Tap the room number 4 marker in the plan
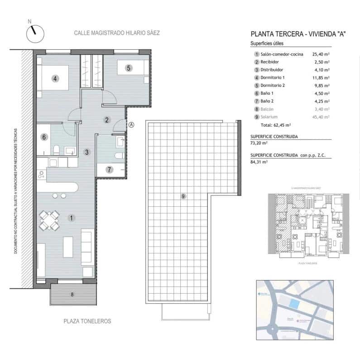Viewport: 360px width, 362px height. coord(55,78)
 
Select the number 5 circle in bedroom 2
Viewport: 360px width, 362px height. coord(129,68)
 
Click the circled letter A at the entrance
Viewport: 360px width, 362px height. coord(131,125)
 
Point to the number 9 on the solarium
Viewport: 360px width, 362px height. coord(183,196)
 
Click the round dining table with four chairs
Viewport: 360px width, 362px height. coord(49,220)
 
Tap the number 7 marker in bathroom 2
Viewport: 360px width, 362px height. coord(109,170)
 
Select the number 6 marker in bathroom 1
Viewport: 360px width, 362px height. coord(44,137)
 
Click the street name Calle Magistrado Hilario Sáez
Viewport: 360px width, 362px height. coord(117,33)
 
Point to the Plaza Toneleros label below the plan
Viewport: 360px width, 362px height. coord(87,321)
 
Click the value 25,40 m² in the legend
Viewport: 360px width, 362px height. coord(321,54)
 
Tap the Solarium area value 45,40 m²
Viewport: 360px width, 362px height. coord(321,117)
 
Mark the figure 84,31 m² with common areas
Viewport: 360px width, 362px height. coord(260,161)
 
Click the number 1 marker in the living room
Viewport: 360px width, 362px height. coord(72,218)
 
